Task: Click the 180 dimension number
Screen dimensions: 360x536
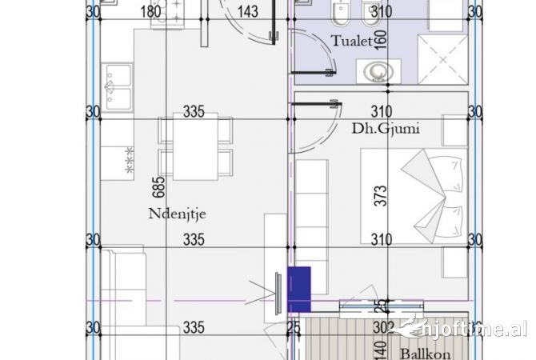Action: point(150,11)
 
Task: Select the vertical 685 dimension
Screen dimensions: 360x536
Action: point(159,188)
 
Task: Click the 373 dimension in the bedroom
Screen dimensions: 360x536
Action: point(382,194)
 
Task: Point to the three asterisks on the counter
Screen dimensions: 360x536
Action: point(128,160)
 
